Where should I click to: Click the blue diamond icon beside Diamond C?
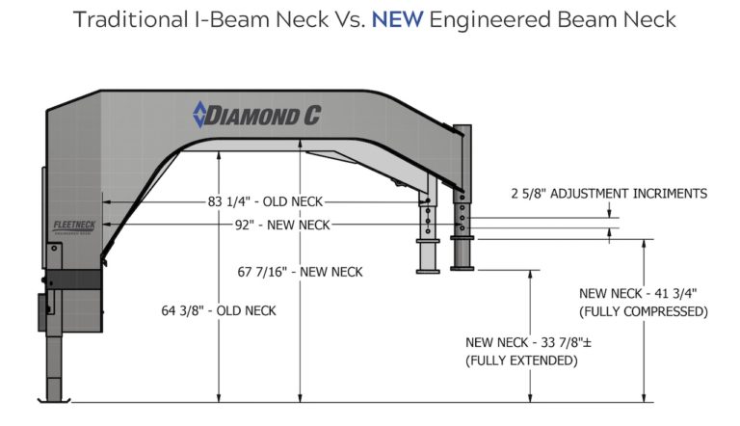coord(199,115)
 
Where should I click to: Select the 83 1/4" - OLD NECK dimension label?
coord(265,201)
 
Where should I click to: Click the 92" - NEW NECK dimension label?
coord(288,225)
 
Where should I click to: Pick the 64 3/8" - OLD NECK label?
coord(219,310)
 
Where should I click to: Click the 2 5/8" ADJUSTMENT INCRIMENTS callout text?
coord(609,194)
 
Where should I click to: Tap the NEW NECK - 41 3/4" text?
coord(637,293)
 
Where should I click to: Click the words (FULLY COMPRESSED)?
coord(643,311)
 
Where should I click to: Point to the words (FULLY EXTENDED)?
coord(520,360)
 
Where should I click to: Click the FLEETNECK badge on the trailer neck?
coord(72,225)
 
